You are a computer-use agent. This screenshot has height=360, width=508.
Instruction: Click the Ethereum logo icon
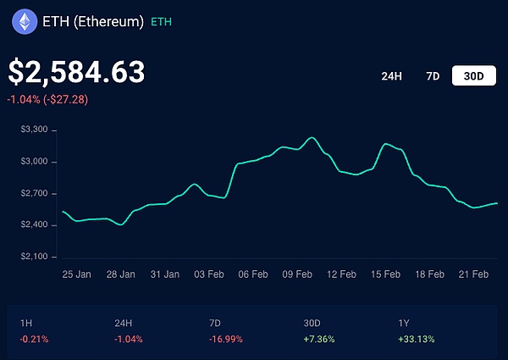coord(25,22)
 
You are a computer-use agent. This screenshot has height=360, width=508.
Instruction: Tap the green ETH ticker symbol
coord(161,22)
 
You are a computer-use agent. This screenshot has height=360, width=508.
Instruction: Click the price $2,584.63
coord(76,72)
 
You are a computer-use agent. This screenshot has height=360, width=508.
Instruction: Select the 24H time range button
coord(391,76)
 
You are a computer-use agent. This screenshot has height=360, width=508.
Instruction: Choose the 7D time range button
coord(433,76)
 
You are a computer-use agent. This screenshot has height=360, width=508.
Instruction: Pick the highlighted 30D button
coord(473,76)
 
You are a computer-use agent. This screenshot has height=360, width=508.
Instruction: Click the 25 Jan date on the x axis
coord(77,274)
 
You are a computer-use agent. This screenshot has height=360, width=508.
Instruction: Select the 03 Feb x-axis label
coord(209,274)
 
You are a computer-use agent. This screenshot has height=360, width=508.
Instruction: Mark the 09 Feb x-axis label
coord(297,274)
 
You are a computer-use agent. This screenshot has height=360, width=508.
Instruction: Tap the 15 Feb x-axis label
coord(385,274)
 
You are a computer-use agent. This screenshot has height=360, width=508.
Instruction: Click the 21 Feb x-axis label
coord(473,274)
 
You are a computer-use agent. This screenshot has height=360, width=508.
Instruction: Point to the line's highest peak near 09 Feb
coord(312,137)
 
